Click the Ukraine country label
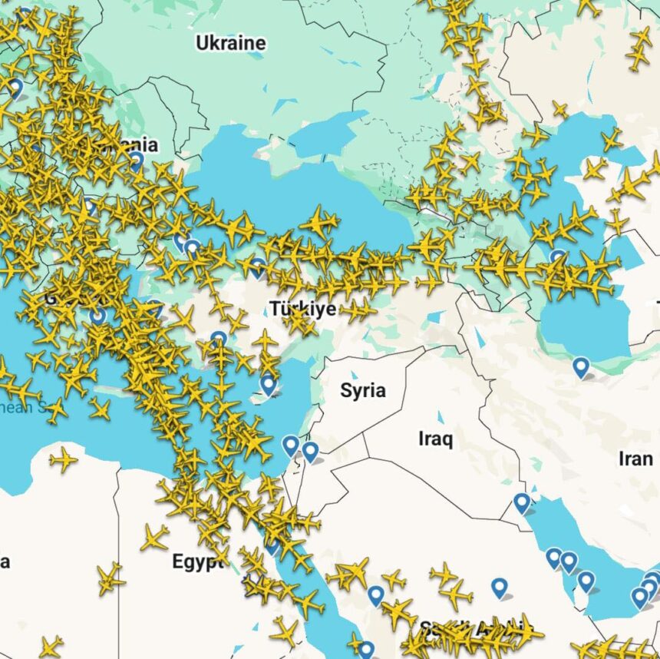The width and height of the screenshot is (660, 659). click(x=230, y=43)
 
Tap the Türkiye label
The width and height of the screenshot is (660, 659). click(x=302, y=309)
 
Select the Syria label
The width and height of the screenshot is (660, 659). click(x=362, y=390)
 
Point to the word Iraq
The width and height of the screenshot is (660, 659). click(x=435, y=439)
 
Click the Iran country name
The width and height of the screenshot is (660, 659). click(x=635, y=459)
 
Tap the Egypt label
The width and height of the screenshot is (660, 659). click(x=197, y=561)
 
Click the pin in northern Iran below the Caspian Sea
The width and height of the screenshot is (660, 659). click(x=581, y=368)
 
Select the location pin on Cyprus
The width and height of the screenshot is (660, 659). click(x=268, y=383)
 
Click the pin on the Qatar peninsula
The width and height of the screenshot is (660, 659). click(x=586, y=581)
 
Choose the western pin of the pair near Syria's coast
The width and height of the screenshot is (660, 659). click(x=290, y=445)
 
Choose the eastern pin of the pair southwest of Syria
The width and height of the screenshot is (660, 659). click(x=310, y=452)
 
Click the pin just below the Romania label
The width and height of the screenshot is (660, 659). click(x=136, y=161)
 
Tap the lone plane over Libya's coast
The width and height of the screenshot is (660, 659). click(x=63, y=460)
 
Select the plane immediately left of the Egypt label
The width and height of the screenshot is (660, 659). click(x=154, y=537)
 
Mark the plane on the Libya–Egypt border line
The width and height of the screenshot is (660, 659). click(x=111, y=577)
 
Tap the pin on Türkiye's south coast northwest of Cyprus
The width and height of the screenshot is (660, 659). click(x=219, y=339)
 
